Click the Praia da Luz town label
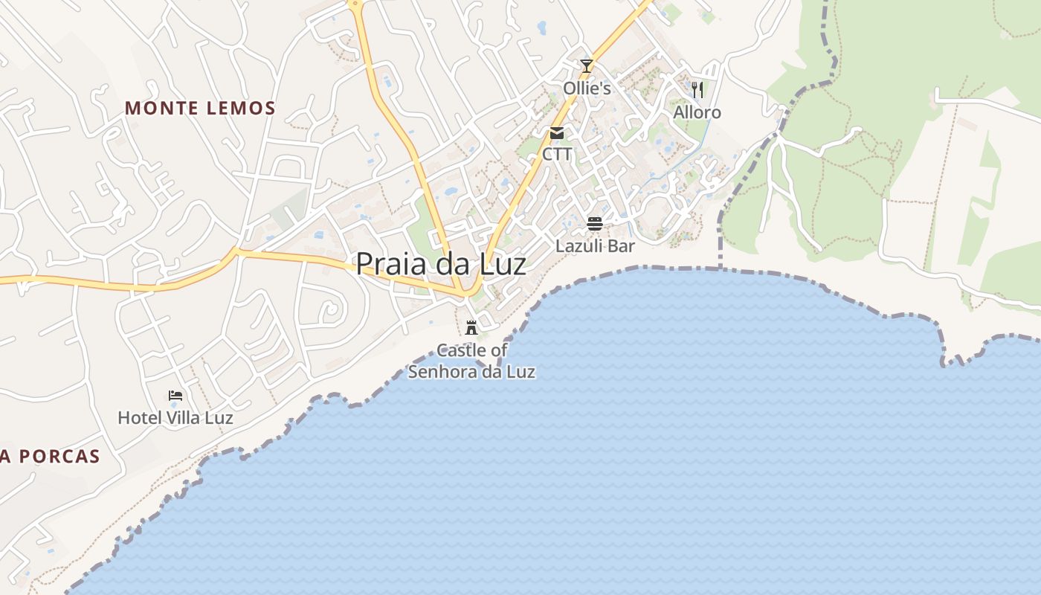tap(441, 264)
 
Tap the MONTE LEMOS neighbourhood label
tap(200, 108)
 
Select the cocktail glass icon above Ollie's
tap(587, 66)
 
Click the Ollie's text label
tap(587, 89)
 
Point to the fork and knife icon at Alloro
tap(697, 90)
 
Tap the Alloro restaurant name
tap(697, 112)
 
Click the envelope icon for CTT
tap(557, 133)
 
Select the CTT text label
tap(557, 154)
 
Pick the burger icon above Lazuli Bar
tap(595, 223)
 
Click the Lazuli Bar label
tap(595, 245)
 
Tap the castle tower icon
tap(471, 327)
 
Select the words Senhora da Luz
tap(471, 372)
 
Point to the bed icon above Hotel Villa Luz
tap(175, 396)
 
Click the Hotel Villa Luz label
tap(175, 418)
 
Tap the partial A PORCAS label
tap(50, 457)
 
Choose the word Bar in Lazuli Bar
tap(620, 245)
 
